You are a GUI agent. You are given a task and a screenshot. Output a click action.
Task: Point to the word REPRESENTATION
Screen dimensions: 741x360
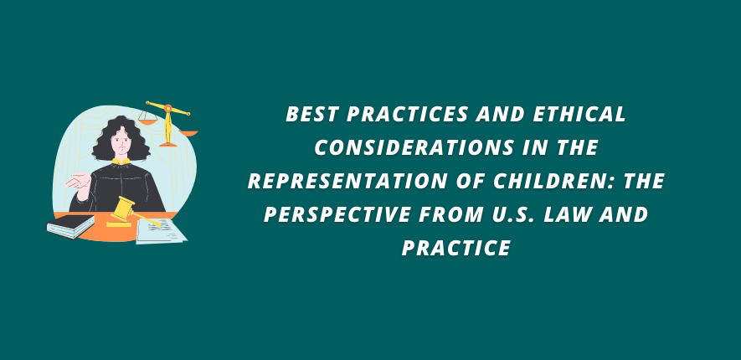[348, 182]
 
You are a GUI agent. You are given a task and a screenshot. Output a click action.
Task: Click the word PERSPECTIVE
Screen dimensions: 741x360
[337, 215]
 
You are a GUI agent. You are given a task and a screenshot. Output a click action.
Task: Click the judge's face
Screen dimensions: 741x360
[121, 140]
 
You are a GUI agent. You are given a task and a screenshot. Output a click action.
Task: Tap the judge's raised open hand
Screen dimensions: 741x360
[79, 182]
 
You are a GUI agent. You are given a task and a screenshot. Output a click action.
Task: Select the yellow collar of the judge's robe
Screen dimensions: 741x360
[121, 162]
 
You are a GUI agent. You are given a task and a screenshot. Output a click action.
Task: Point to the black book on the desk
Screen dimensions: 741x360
[71, 226]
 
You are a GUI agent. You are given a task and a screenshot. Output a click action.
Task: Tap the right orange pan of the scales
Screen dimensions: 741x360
[188, 133]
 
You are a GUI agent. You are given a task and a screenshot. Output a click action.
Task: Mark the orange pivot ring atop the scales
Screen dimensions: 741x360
[168, 108]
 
